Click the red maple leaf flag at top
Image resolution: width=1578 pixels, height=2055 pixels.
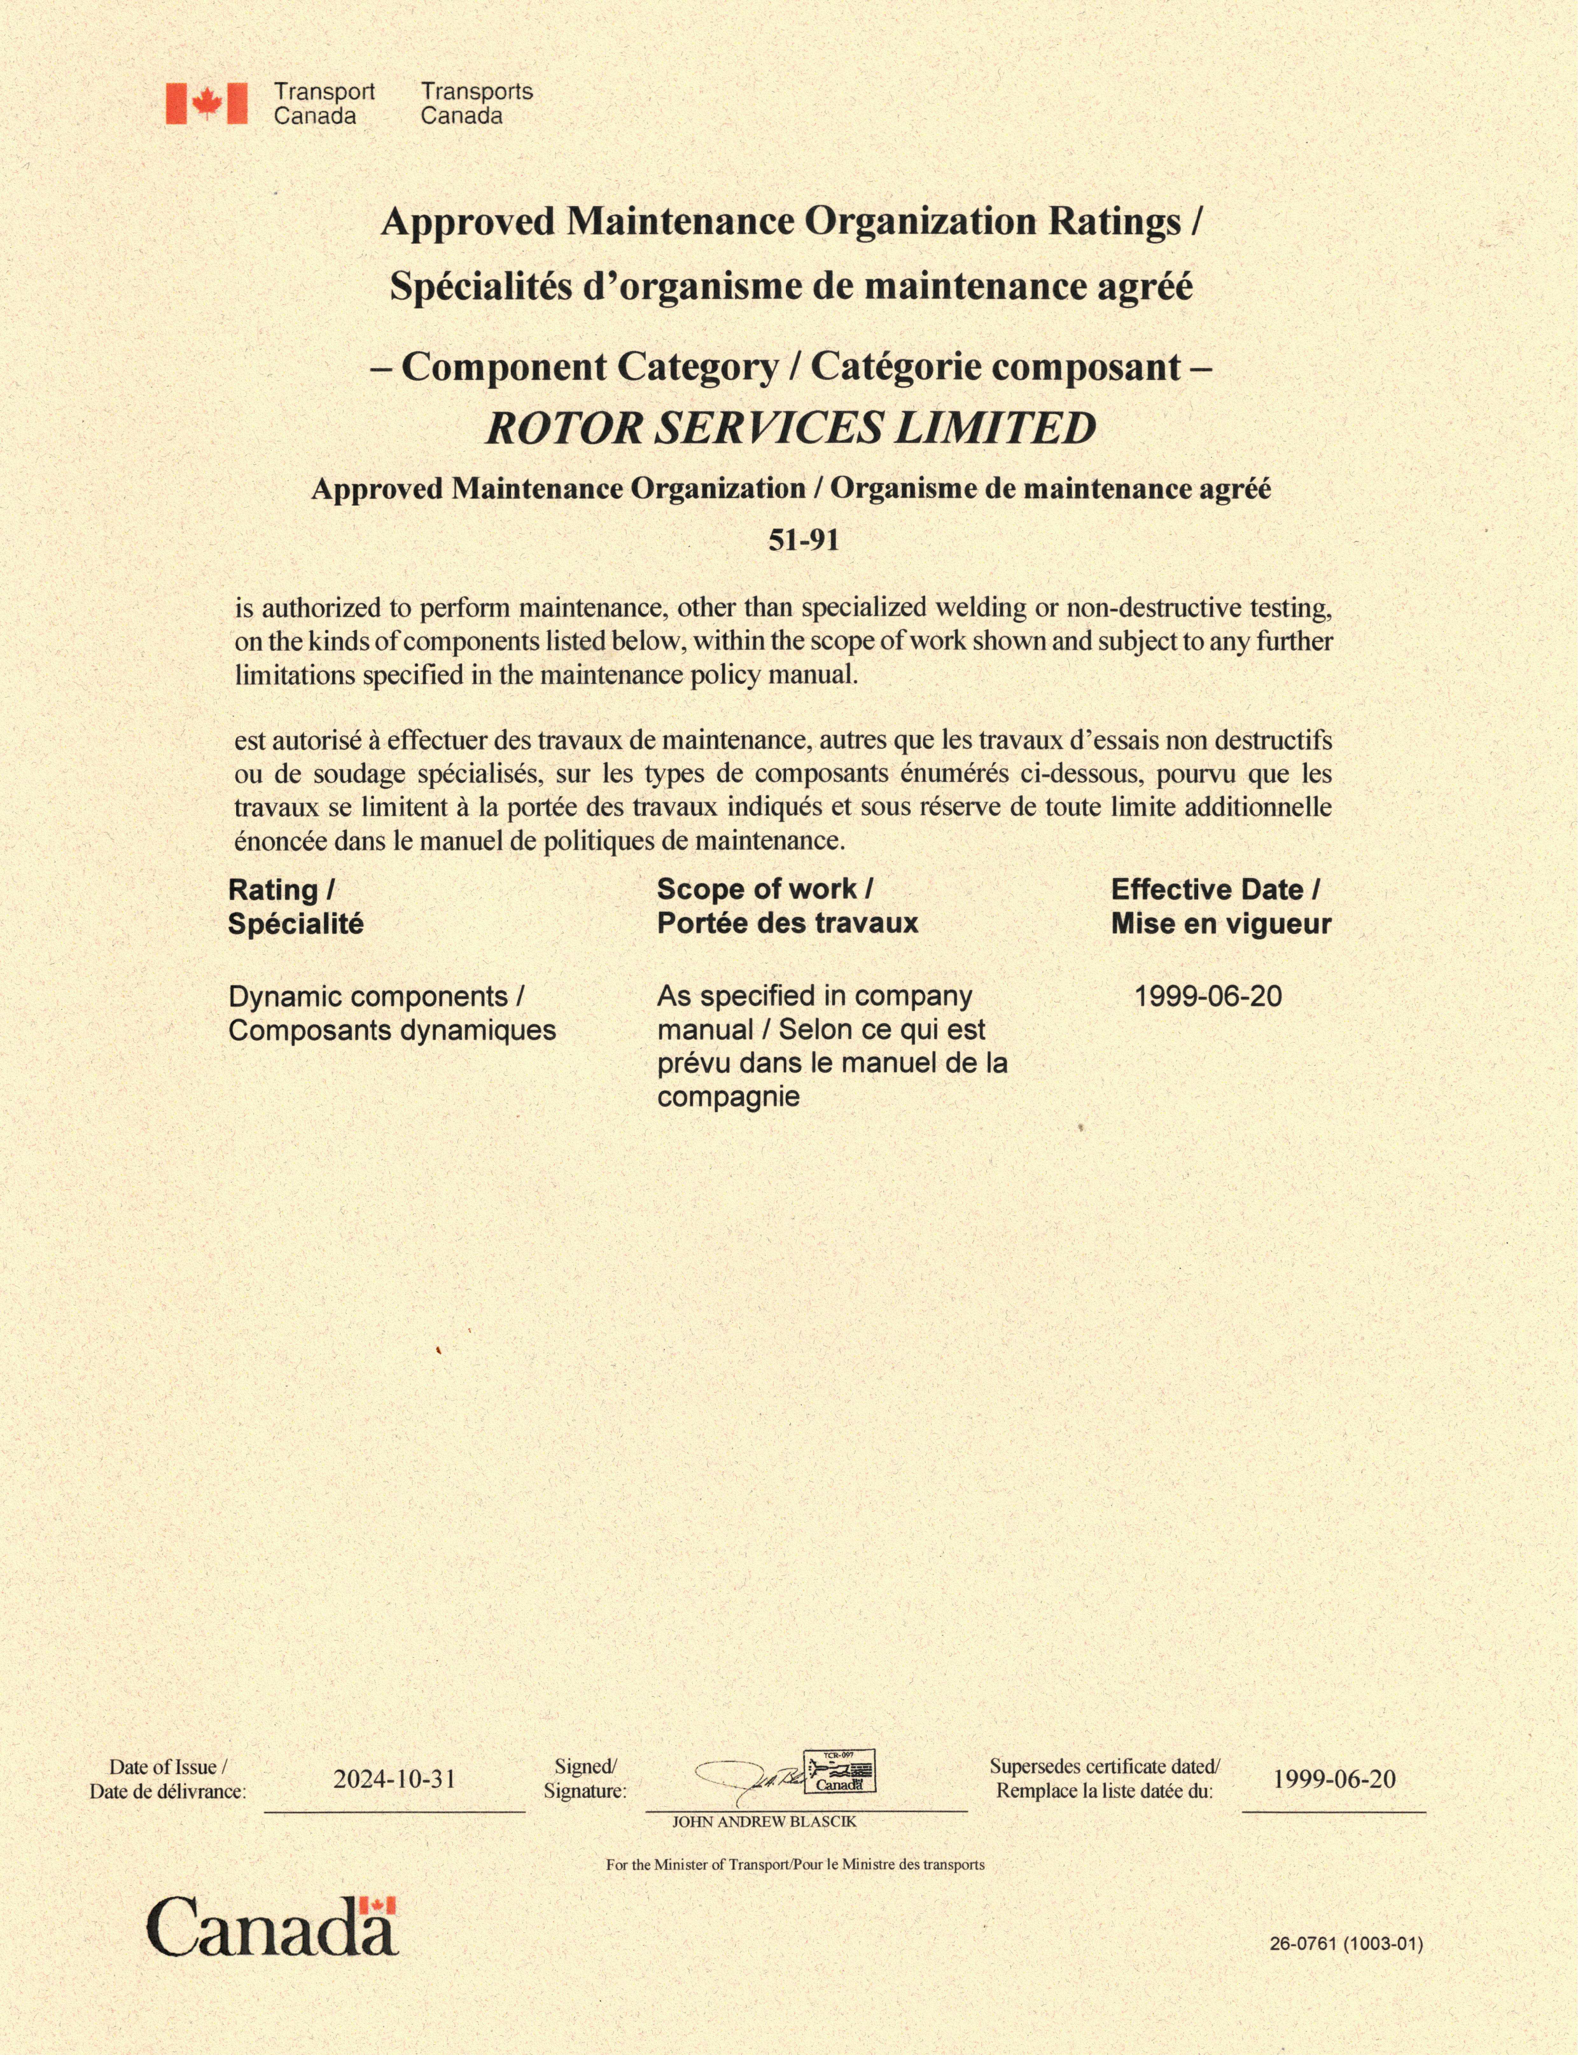click(207, 103)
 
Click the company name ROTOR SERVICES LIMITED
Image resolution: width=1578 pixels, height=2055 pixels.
click(790, 428)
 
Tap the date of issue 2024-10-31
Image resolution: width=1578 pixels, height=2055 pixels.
click(394, 1779)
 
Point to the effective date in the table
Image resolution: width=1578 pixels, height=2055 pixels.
click(1208, 996)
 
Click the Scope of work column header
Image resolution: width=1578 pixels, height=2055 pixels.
click(787, 907)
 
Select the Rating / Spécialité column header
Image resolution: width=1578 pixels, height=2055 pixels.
click(295, 907)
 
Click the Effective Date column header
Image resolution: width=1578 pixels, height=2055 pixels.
click(1220, 907)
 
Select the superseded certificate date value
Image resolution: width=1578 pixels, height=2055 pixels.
click(1334, 1779)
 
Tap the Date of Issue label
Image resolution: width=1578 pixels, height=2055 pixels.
click(167, 1779)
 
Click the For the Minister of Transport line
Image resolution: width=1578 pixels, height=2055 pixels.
click(795, 1864)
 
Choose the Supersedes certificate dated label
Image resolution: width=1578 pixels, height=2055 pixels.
click(1105, 1779)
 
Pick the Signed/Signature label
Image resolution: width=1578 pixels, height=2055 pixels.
click(584, 1779)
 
